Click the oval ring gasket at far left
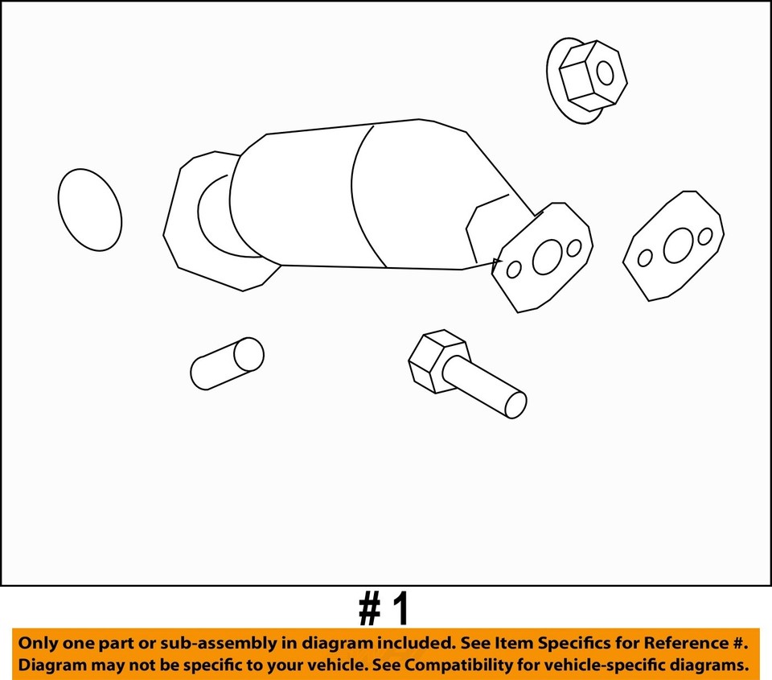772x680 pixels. pyautogui.click(x=90, y=210)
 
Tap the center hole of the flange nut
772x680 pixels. pyautogui.click(x=605, y=74)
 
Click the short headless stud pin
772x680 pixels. pyautogui.click(x=227, y=364)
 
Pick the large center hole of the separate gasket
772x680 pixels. pyautogui.click(x=678, y=245)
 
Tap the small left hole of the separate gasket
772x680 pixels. pyautogui.click(x=645, y=258)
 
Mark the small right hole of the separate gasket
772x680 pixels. pyautogui.click(x=705, y=237)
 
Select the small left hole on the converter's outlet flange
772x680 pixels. pyautogui.click(x=514, y=270)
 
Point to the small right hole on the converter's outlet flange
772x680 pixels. pyautogui.click(x=574, y=248)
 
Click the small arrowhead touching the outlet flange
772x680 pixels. pyautogui.click(x=497, y=262)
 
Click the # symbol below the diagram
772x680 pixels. pyautogui.click(x=369, y=612)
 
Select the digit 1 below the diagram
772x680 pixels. pyautogui.click(x=400, y=612)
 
